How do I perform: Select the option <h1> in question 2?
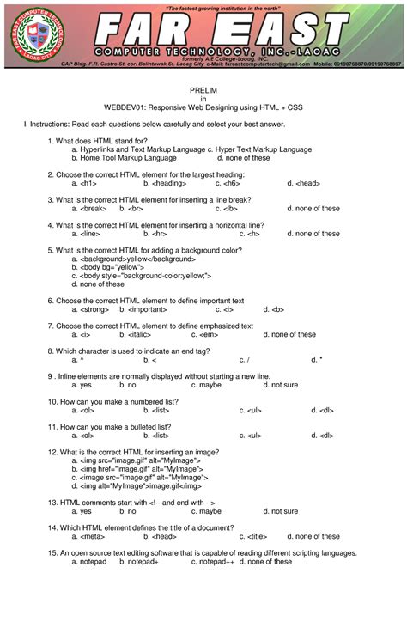point(85,183)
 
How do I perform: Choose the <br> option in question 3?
point(131,208)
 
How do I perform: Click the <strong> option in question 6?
point(90,309)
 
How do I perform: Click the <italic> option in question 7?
point(139,334)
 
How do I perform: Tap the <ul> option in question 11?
point(250,436)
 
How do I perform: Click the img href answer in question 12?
point(137,469)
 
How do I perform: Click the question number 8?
point(51,351)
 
